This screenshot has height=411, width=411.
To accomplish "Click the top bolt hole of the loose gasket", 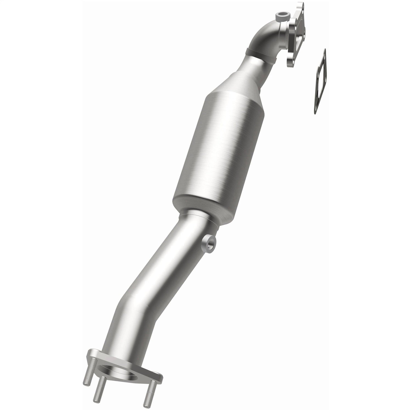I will click(x=323, y=55).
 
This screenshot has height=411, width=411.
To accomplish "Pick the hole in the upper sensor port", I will click(x=282, y=14).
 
